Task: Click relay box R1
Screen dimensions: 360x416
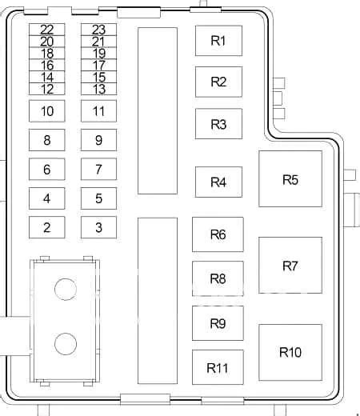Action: tap(218, 41)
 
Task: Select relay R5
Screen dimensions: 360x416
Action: tap(290, 178)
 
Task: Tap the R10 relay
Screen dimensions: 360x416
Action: tap(290, 352)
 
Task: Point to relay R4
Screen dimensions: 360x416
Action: tap(218, 182)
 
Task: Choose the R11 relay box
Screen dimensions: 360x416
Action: tap(218, 367)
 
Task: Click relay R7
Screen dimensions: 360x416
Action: tap(290, 266)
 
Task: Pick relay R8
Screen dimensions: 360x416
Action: tap(218, 278)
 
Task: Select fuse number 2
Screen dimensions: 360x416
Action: tap(47, 227)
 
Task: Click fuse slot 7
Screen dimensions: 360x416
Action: tap(98, 169)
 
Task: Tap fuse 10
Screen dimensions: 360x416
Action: tap(47, 111)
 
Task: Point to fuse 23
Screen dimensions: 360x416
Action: tap(98, 30)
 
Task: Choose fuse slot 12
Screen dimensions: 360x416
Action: tap(47, 89)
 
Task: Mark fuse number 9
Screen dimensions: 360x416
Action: tap(98, 140)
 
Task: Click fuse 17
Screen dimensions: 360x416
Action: tap(98, 65)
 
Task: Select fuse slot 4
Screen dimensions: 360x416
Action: tap(47, 198)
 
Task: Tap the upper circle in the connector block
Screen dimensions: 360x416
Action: tap(66, 290)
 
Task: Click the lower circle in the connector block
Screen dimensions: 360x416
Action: tap(66, 344)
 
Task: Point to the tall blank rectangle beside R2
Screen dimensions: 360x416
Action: tap(158, 110)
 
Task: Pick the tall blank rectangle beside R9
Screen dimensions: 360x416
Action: tap(158, 301)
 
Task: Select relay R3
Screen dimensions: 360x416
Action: tap(218, 124)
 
